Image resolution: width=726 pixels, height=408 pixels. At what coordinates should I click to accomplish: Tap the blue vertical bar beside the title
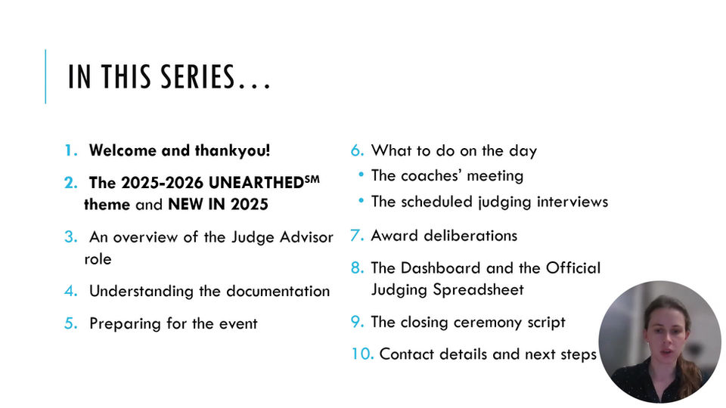coord(45,76)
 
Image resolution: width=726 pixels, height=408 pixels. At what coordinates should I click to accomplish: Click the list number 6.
coord(358,150)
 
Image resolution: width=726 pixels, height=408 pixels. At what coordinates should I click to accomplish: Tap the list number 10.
coord(362,354)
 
